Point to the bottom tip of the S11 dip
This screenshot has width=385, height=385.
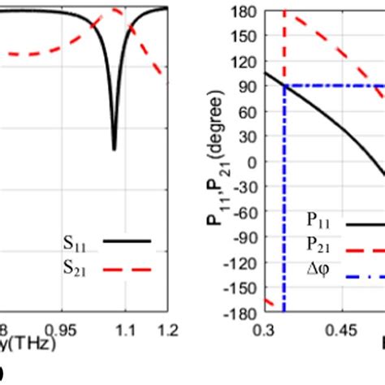point(114,149)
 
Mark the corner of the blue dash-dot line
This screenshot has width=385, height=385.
point(284,85)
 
